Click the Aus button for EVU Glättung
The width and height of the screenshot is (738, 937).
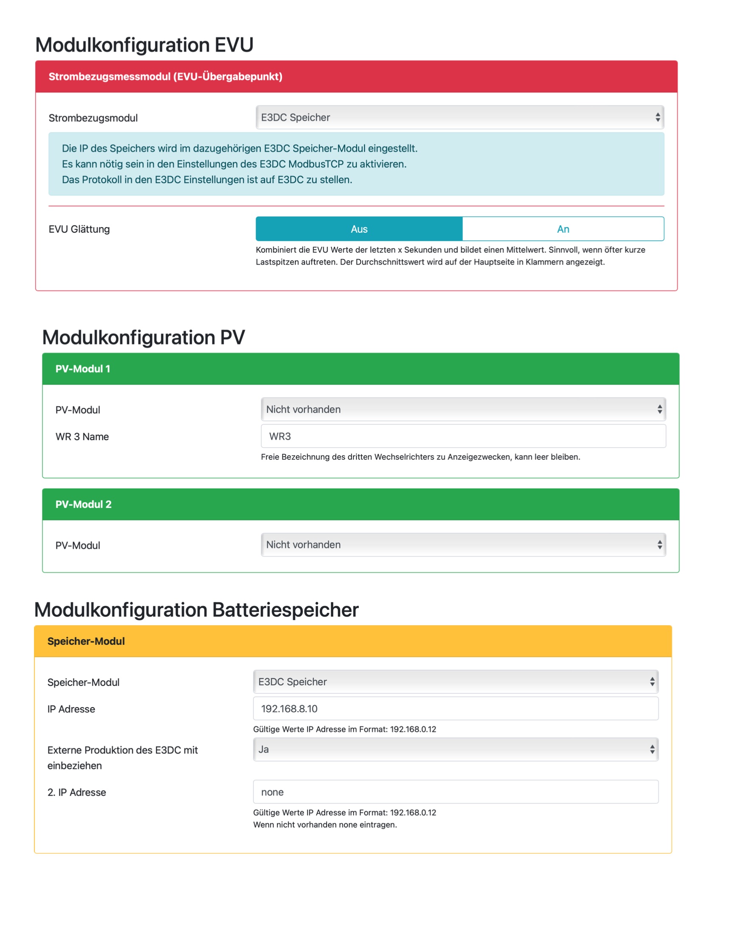359,229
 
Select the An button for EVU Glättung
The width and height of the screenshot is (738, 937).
563,229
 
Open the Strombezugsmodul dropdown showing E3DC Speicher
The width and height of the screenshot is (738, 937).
459,117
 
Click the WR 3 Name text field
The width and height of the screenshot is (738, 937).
463,436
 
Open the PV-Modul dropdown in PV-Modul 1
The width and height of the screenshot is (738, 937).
463,409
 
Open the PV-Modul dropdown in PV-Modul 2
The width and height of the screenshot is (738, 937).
463,544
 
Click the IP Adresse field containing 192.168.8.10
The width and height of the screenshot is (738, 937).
456,708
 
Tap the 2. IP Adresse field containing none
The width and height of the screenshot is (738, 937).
456,791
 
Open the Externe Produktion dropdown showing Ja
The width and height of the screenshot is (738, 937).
456,749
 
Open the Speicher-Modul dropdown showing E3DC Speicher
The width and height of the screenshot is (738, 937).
456,681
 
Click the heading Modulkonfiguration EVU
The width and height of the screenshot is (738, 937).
144,45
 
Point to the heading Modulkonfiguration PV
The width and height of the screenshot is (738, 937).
143,337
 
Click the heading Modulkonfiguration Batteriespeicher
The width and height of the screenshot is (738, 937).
196,610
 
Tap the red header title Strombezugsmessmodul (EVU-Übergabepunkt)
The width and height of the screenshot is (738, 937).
165,76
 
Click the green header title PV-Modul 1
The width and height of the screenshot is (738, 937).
82,369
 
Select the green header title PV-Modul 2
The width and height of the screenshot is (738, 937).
83,504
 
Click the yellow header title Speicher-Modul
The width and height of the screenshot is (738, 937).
86,641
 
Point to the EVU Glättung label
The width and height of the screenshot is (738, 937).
79,229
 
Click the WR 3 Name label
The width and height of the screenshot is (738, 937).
82,437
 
